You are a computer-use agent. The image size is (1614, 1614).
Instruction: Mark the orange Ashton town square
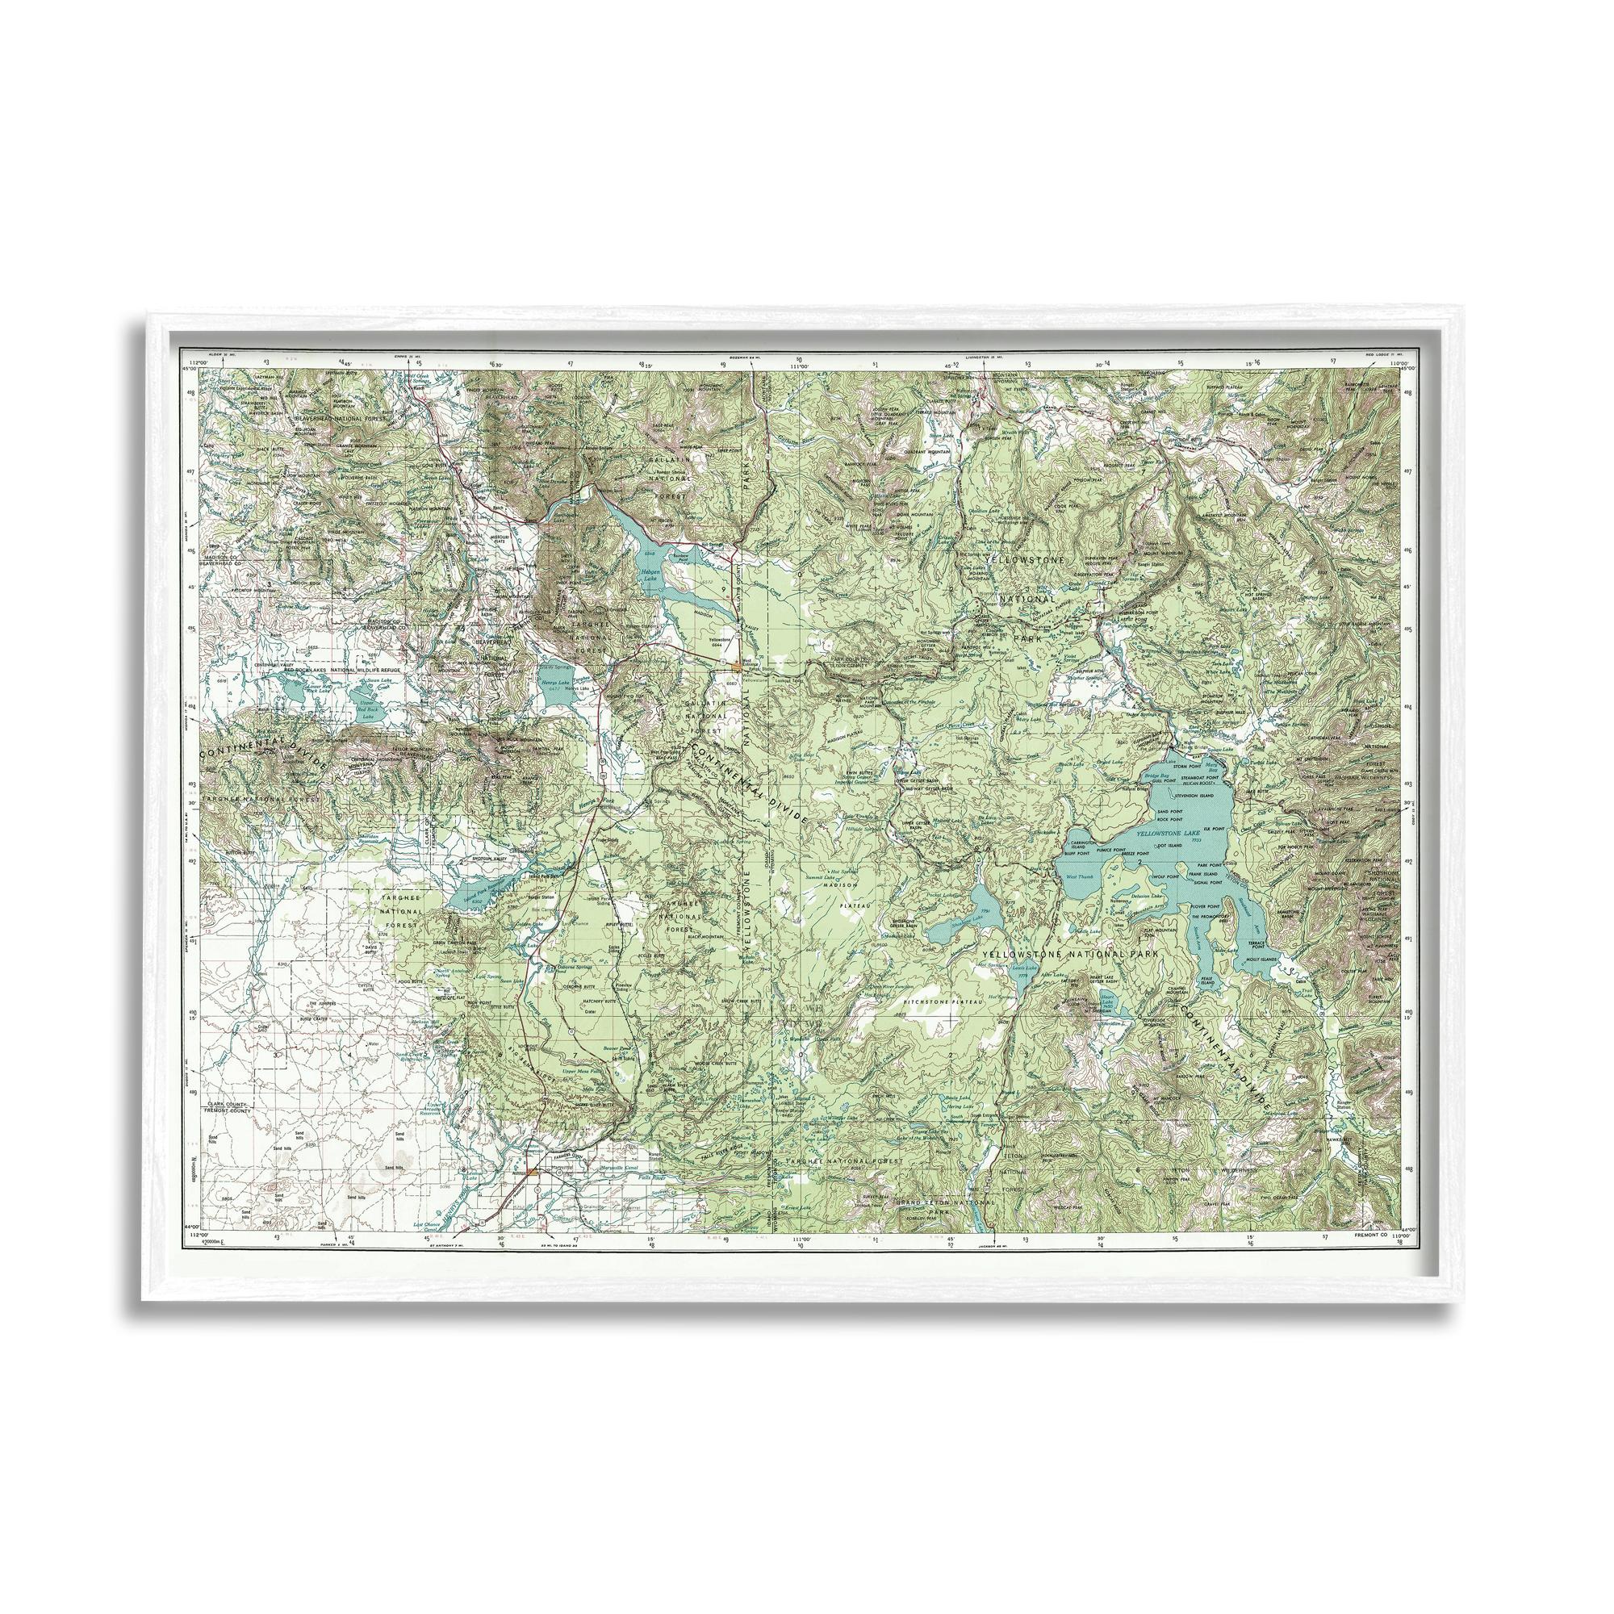click(x=532, y=1170)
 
